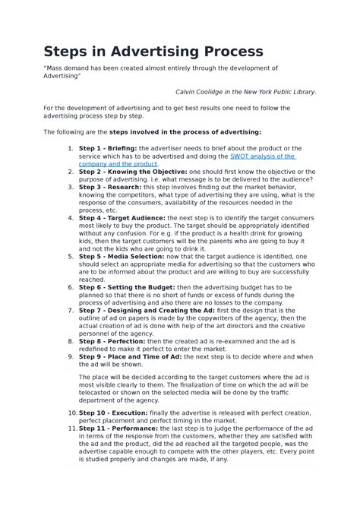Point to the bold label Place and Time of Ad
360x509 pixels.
156,356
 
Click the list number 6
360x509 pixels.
71,288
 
